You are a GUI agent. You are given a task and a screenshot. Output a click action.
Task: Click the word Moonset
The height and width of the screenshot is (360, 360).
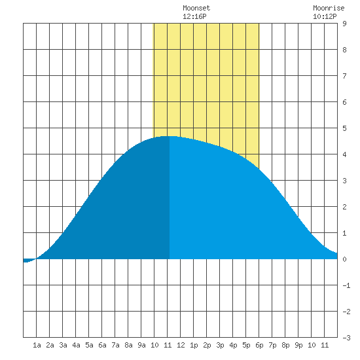point(196,8)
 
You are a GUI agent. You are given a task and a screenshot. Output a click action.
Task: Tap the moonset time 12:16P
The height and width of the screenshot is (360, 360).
point(194,16)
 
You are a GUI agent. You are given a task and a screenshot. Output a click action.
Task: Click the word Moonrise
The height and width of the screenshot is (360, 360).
point(329,8)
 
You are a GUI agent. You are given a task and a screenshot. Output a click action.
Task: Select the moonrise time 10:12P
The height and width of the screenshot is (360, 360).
point(325,16)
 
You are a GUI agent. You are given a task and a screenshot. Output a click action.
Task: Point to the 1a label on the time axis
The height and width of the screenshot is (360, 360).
point(37,345)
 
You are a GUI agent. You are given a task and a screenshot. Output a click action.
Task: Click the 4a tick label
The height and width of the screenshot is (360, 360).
point(76,345)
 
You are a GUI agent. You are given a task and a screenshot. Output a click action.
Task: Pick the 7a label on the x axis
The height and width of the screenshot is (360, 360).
point(115,345)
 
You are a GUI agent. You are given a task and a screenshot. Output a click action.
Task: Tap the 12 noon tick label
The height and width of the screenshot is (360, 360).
point(181,345)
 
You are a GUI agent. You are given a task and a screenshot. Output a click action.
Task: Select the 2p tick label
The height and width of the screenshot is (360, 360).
point(207,345)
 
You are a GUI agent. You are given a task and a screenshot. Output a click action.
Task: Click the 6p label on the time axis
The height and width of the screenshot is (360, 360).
point(259,345)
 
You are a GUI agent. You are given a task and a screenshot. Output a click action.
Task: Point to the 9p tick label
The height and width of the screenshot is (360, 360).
point(298,345)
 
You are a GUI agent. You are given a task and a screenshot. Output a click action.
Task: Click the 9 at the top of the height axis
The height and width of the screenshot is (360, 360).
point(344,24)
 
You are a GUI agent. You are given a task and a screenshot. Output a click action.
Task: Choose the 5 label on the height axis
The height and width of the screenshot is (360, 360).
point(344,128)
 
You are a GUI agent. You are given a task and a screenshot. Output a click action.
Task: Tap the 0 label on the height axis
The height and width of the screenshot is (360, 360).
point(344,259)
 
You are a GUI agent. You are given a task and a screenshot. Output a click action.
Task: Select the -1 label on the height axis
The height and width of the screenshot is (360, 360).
point(346,285)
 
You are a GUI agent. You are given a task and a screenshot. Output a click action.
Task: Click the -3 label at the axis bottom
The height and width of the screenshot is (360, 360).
point(346,338)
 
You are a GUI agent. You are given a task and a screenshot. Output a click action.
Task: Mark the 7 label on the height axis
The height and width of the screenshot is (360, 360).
point(344,76)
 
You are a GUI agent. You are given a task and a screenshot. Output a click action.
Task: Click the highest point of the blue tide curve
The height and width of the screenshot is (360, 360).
point(170,136)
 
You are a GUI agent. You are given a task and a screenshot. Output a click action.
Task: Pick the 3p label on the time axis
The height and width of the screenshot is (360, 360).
point(220,345)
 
